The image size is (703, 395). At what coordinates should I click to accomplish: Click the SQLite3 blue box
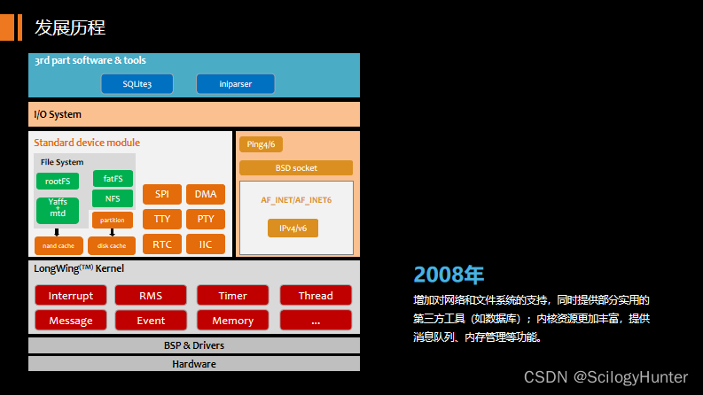(x=137, y=84)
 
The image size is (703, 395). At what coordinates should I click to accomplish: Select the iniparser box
(x=235, y=84)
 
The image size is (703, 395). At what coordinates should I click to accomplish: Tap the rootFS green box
(x=57, y=181)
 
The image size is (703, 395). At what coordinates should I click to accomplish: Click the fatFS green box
(x=113, y=178)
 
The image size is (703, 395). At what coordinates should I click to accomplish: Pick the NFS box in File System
(x=113, y=198)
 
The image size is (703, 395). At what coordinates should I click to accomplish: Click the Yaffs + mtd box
(x=57, y=209)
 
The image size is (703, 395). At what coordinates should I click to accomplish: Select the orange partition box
(x=113, y=220)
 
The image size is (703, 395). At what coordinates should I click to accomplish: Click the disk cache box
(x=112, y=245)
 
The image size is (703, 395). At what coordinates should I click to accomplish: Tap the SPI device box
(x=161, y=194)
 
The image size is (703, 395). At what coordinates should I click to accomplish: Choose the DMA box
(x=206, y=194)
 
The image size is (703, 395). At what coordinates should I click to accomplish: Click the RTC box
(x=161, y=244)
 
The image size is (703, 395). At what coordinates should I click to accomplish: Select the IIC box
(x=206, y=244)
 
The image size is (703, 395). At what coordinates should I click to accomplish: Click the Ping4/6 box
(x=261, y=144)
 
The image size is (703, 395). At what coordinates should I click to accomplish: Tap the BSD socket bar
(x=295, y=167)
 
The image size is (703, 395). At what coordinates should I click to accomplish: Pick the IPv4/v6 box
(x=293, y=228)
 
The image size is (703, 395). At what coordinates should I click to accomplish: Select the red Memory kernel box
(x=233, y=320)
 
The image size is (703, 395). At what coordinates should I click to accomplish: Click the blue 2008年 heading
(x=449, y=274)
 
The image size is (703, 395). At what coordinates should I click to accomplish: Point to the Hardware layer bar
(x=193, y=363)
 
